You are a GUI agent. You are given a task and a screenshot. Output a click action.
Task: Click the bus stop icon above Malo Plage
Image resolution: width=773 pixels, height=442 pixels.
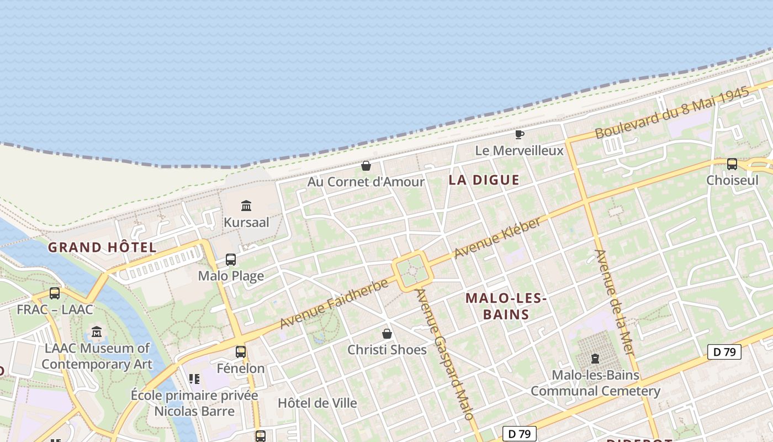pos(231,260)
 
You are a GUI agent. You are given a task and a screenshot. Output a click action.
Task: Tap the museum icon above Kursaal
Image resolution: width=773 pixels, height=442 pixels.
pos(246,206)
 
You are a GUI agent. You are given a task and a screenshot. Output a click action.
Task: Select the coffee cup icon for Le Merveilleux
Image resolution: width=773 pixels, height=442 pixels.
pos(519,134)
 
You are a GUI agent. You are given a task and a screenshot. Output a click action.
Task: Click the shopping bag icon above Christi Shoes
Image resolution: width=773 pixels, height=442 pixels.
pos(387,334)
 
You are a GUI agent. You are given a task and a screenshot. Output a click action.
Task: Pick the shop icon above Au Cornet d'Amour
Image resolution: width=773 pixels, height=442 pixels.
pos(366,166)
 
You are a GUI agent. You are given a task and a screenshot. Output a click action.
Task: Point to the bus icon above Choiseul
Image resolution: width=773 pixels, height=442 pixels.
pos(732,164)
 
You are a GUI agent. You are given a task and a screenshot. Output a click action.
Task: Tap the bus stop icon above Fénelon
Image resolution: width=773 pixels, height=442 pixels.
pos(241,352)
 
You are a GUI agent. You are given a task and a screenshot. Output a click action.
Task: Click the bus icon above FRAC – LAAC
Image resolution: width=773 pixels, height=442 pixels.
pos(55,293)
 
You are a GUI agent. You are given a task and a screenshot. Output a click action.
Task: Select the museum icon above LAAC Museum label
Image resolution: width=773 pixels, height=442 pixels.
pos(97,332)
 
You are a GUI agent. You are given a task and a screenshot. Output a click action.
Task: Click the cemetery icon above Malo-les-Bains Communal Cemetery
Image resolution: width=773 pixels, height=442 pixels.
pos(595,359)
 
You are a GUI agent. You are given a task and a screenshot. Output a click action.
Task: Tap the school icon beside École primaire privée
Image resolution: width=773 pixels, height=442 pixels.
pos(194,379)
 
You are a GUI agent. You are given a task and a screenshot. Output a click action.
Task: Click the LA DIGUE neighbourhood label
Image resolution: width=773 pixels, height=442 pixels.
pos(484,180)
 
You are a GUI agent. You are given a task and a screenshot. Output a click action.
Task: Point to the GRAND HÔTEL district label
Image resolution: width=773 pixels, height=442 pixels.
pos(102,247)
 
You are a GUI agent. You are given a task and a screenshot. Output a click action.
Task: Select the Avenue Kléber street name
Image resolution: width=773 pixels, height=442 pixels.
pos(497,238)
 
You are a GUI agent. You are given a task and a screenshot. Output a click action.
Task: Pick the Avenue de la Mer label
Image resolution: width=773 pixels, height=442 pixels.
pos(613,302)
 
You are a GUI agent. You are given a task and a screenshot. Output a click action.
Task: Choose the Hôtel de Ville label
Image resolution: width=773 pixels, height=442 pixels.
pos(317,403)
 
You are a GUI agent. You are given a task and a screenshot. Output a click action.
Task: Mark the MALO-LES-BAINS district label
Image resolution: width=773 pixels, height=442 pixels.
pos(506,306)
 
